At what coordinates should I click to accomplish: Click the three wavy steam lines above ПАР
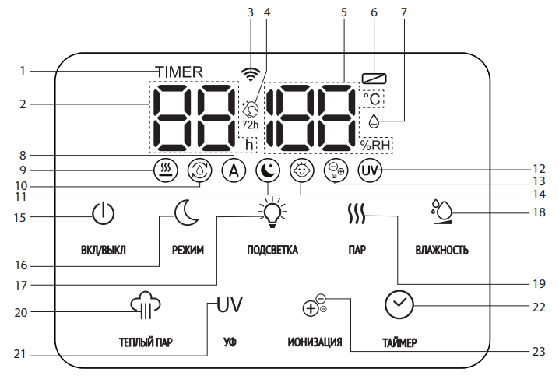tap(356, 213)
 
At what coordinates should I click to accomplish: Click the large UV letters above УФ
tap(230, 304)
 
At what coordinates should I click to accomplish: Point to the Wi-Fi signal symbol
tap(250, 74)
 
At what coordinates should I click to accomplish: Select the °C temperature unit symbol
tap(372, 99)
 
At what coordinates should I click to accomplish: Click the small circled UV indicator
tap(370, 170)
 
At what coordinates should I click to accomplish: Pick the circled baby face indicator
tap(300, 170)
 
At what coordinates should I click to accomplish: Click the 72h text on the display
tap(249, 125)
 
